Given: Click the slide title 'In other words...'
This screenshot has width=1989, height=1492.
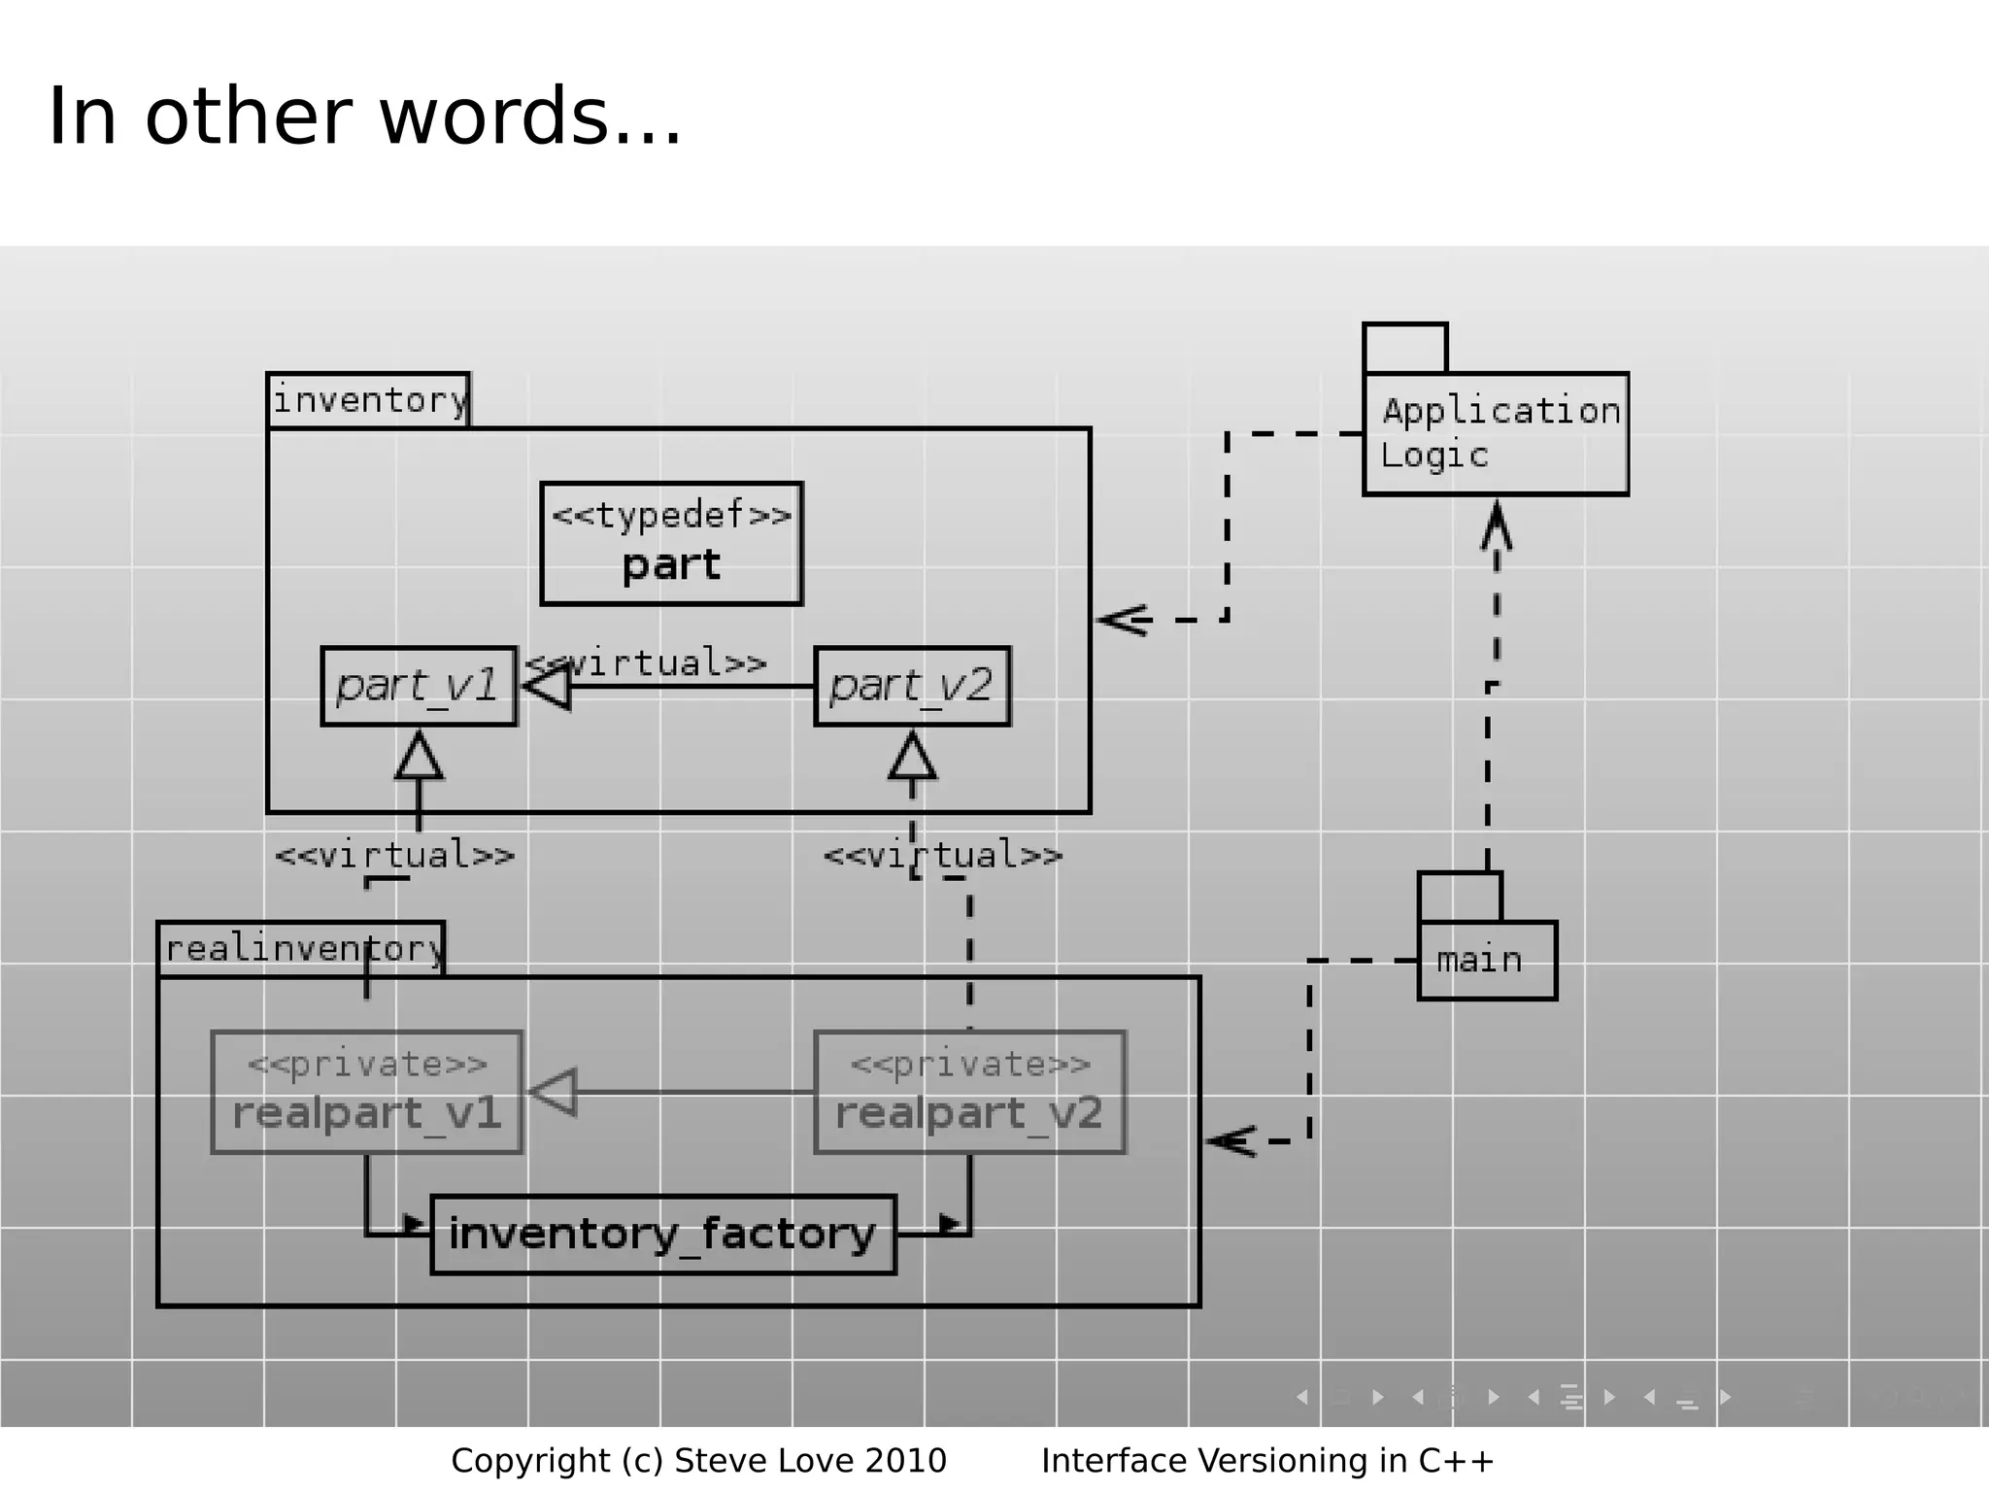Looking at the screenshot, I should click(364, 117).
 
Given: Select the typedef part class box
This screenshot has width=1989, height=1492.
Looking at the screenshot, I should click(671, 543).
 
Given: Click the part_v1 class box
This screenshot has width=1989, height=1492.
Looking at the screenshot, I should click(419, 686).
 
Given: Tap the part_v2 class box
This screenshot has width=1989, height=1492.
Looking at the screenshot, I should click(911, 686).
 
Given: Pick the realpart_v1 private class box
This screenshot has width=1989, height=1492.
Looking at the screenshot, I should click(366, 1092).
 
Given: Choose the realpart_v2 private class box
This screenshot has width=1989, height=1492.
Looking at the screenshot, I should click(969, 1092).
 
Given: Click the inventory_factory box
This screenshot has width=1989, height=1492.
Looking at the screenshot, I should click(662, 1235).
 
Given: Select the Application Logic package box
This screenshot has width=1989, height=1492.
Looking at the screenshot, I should click(1496, 433).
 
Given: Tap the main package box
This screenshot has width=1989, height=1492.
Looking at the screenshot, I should click(1486, 960).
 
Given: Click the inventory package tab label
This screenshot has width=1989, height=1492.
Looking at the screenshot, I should click(368, 400).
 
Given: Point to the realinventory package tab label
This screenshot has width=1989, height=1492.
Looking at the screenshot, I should click(301, 948).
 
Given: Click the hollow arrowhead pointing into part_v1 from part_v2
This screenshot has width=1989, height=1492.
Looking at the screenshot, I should click(548, 687).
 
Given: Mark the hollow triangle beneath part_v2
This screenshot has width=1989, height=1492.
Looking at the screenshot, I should click(912, 758).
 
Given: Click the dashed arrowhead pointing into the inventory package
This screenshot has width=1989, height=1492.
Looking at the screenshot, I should click(1124, 620).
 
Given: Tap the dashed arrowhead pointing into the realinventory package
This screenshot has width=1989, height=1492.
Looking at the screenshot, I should click(1231, 1141).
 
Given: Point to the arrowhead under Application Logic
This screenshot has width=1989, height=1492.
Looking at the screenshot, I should click(1497, 526).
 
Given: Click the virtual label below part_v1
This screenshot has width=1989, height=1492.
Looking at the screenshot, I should click(394, 856).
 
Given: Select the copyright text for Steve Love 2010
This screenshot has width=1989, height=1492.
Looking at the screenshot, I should click(698, 1460).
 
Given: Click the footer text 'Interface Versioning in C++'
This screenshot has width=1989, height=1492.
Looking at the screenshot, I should click(1267, 1460).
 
